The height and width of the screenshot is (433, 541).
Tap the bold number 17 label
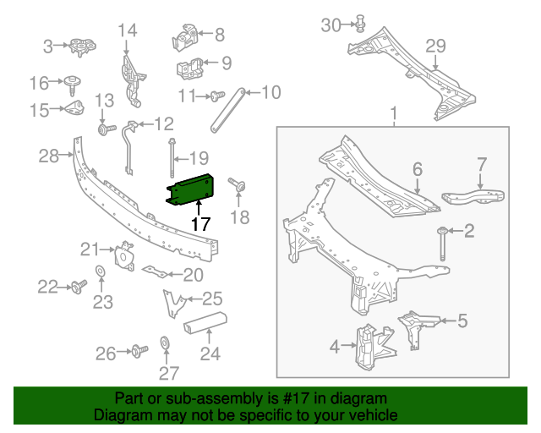click(199, 224)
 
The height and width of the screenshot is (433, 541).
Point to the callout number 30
click(331, 25)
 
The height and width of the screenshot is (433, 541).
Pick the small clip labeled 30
click(358, 23)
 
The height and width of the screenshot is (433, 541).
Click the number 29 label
click(434, 46)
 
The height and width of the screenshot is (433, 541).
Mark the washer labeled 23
click(100, 271)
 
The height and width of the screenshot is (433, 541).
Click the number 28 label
click(47, 155)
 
